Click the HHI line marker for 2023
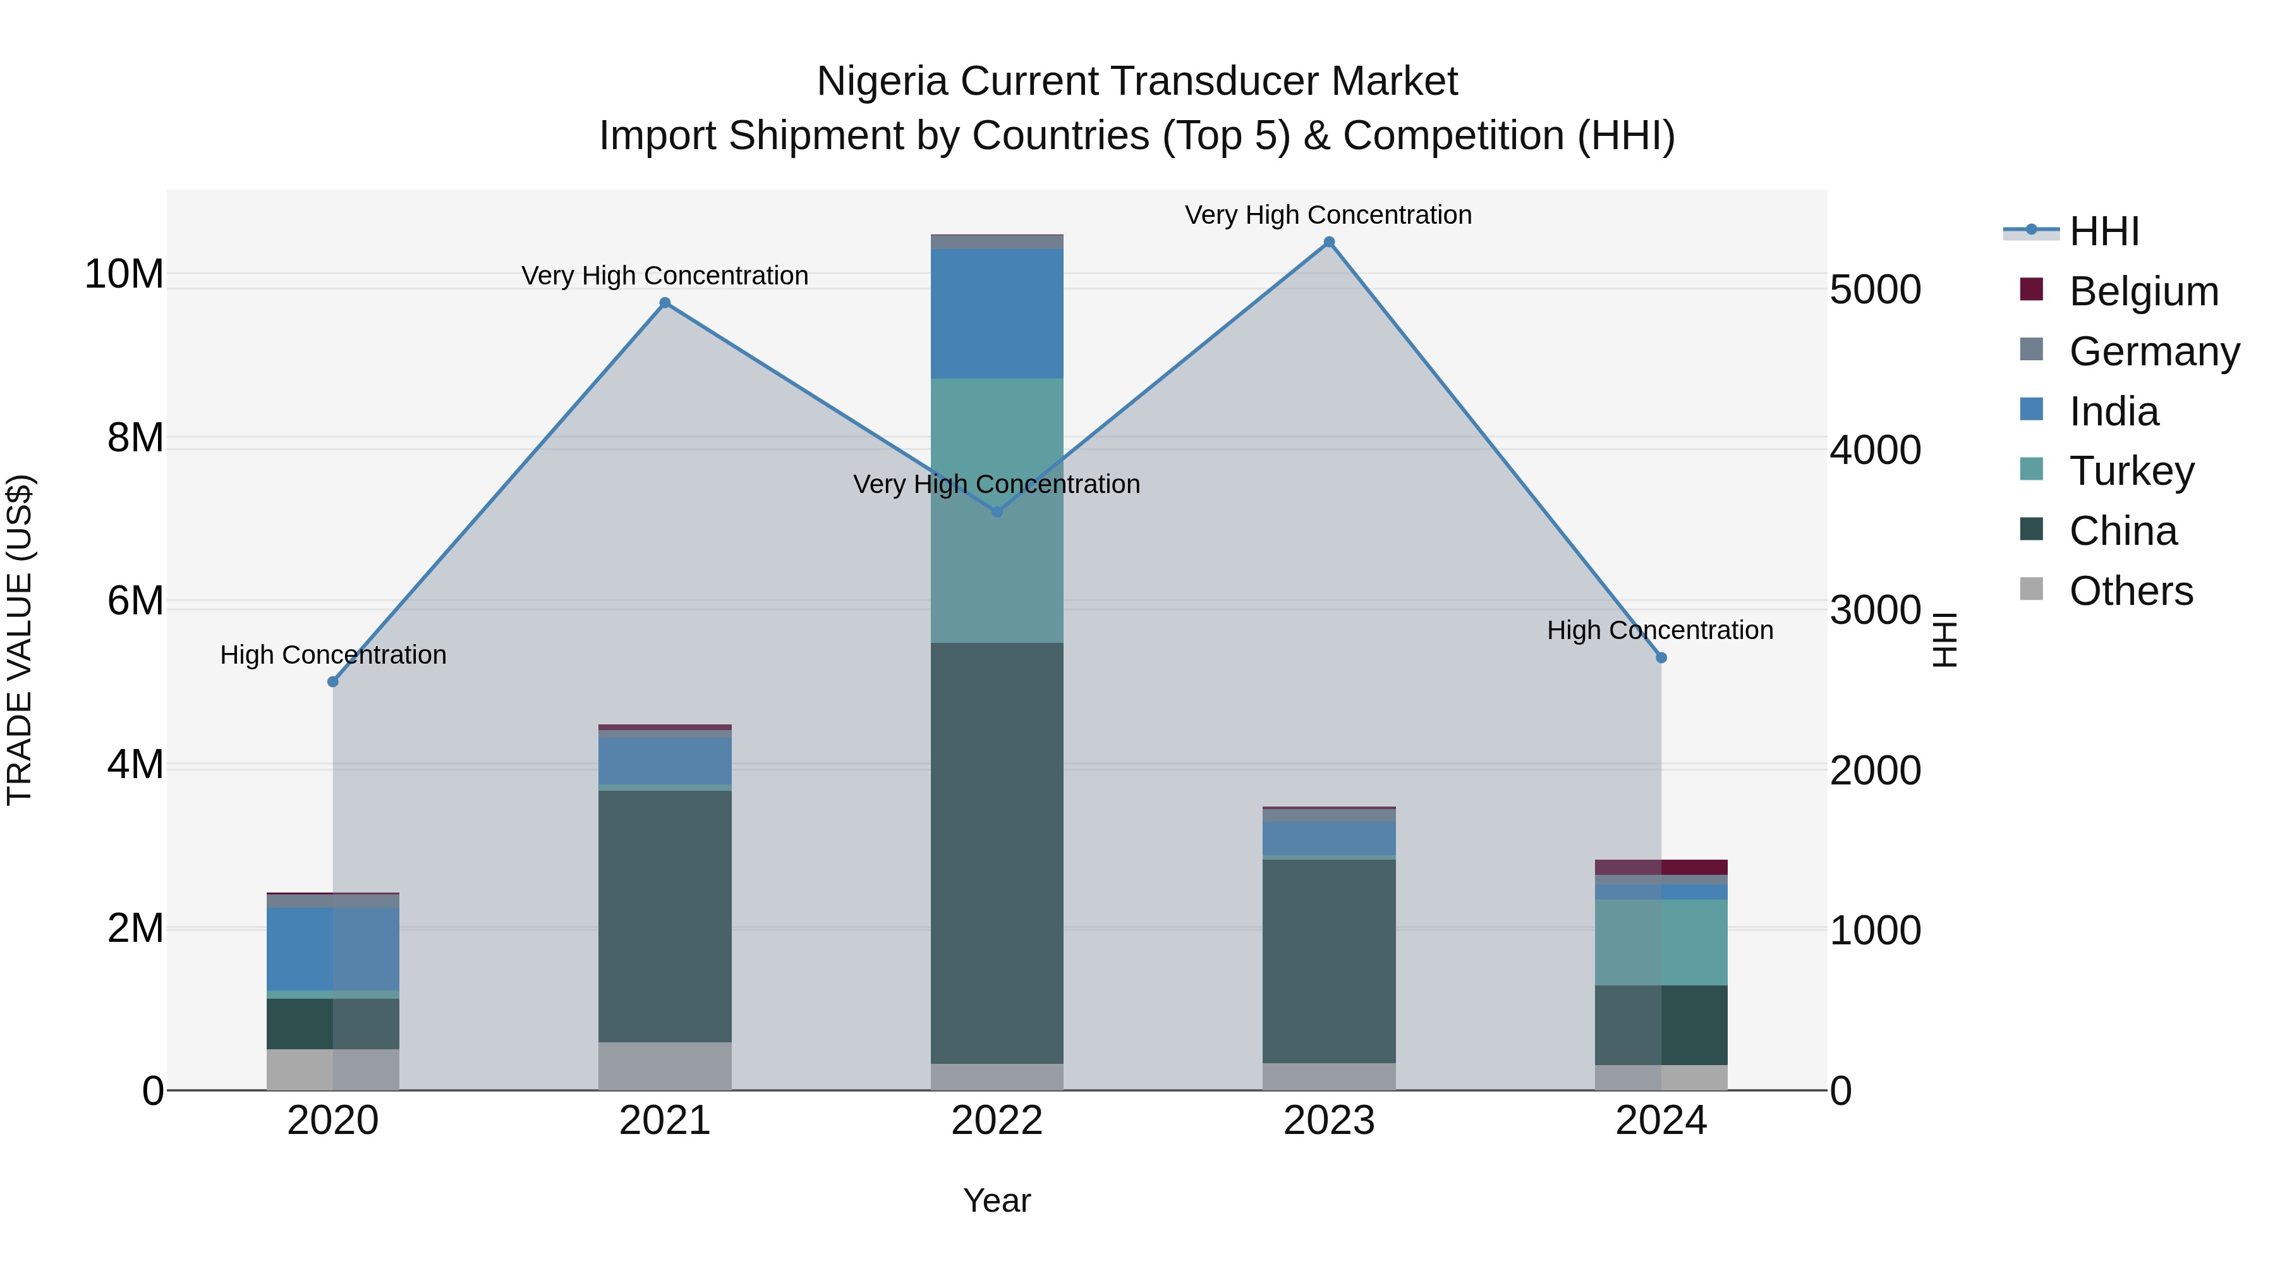[x=1328, y=242]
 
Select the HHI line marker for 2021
[x=665, y=303]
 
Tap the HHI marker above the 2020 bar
[x=333, y=682]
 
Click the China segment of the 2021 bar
[x=665, y=915]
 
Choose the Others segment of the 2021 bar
[x=665, y=1066]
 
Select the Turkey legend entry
[x=2131, y=471]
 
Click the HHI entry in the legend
[x=2104, y=231]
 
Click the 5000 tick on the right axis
[x=1875, y=290]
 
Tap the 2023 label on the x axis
[x=1328, y=1121]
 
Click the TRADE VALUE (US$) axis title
[x=20, y=640]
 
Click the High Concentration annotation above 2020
[x=333, y=655]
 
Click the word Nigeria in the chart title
[x=884, y=82]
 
